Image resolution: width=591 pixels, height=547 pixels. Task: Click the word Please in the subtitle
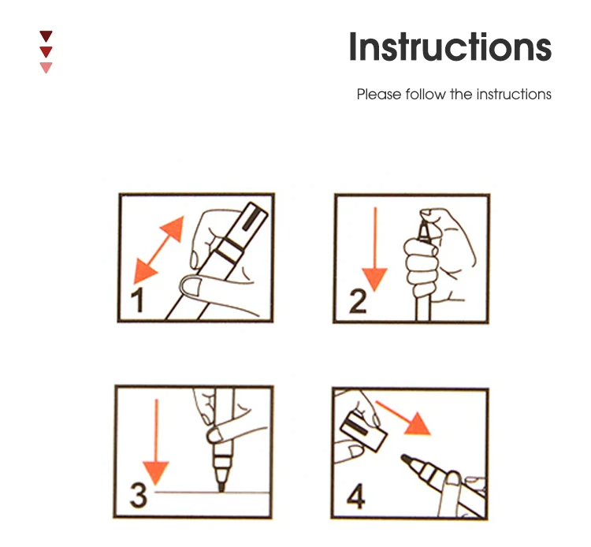[x=379, y=95]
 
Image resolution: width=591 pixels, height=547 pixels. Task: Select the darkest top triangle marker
[x=46, y=35]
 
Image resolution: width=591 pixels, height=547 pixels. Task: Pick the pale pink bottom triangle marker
[x=46, y=67]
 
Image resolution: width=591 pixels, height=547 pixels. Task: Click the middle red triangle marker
[x=46, y=52]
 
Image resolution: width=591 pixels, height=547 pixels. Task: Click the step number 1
[x=138, y=300]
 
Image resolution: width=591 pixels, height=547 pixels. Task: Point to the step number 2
[x=357, y=301]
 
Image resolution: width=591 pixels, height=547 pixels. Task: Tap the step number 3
[x=138, y=495]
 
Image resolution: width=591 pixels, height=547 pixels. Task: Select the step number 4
[x=356, y=496]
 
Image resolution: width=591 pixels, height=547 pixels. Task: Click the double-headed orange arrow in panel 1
[x=158, y=250]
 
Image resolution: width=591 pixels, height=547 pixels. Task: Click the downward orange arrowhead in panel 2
[x=374, y=279]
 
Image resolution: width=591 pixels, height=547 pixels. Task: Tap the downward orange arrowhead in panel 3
[x=156, y=473]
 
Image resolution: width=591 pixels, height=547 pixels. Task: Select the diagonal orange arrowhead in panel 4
[x=418, y=426]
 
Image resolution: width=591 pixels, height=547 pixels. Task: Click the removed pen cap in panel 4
[x=364, y=431]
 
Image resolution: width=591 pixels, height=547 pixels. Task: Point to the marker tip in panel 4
[x=407, y=460]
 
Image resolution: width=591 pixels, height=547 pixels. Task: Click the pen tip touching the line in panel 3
[x=221, y=487]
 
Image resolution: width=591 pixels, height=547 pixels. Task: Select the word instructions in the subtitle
[x=514, y=95]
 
